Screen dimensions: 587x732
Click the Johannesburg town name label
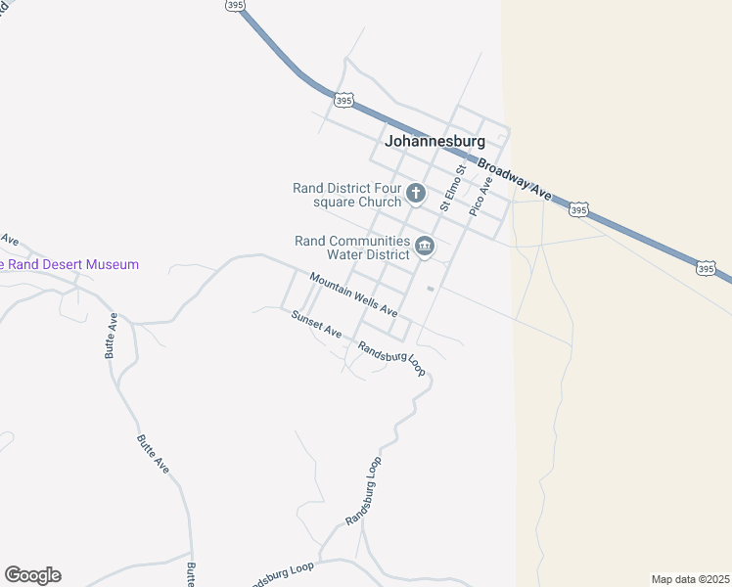click(435, 141)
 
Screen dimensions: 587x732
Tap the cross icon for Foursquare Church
click(415, 194)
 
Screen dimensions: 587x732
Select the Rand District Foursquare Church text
click(347, 195)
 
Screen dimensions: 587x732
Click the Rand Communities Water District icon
click(425, 247)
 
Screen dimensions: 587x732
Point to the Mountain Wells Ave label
click(353, 293)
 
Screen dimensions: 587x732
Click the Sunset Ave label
click(316, 324)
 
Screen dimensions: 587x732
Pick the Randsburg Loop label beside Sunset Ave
click(391, 359)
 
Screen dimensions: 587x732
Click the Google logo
click(32, 575)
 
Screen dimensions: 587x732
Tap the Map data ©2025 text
click(690, 578)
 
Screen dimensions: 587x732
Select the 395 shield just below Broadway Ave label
click(578, 209)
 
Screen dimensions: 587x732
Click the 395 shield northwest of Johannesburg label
click(343, 100)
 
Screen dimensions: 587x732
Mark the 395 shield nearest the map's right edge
click(707, 267)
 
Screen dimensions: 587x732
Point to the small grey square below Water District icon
click(430, 289)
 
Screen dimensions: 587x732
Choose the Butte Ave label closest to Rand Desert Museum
click(113, 336)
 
